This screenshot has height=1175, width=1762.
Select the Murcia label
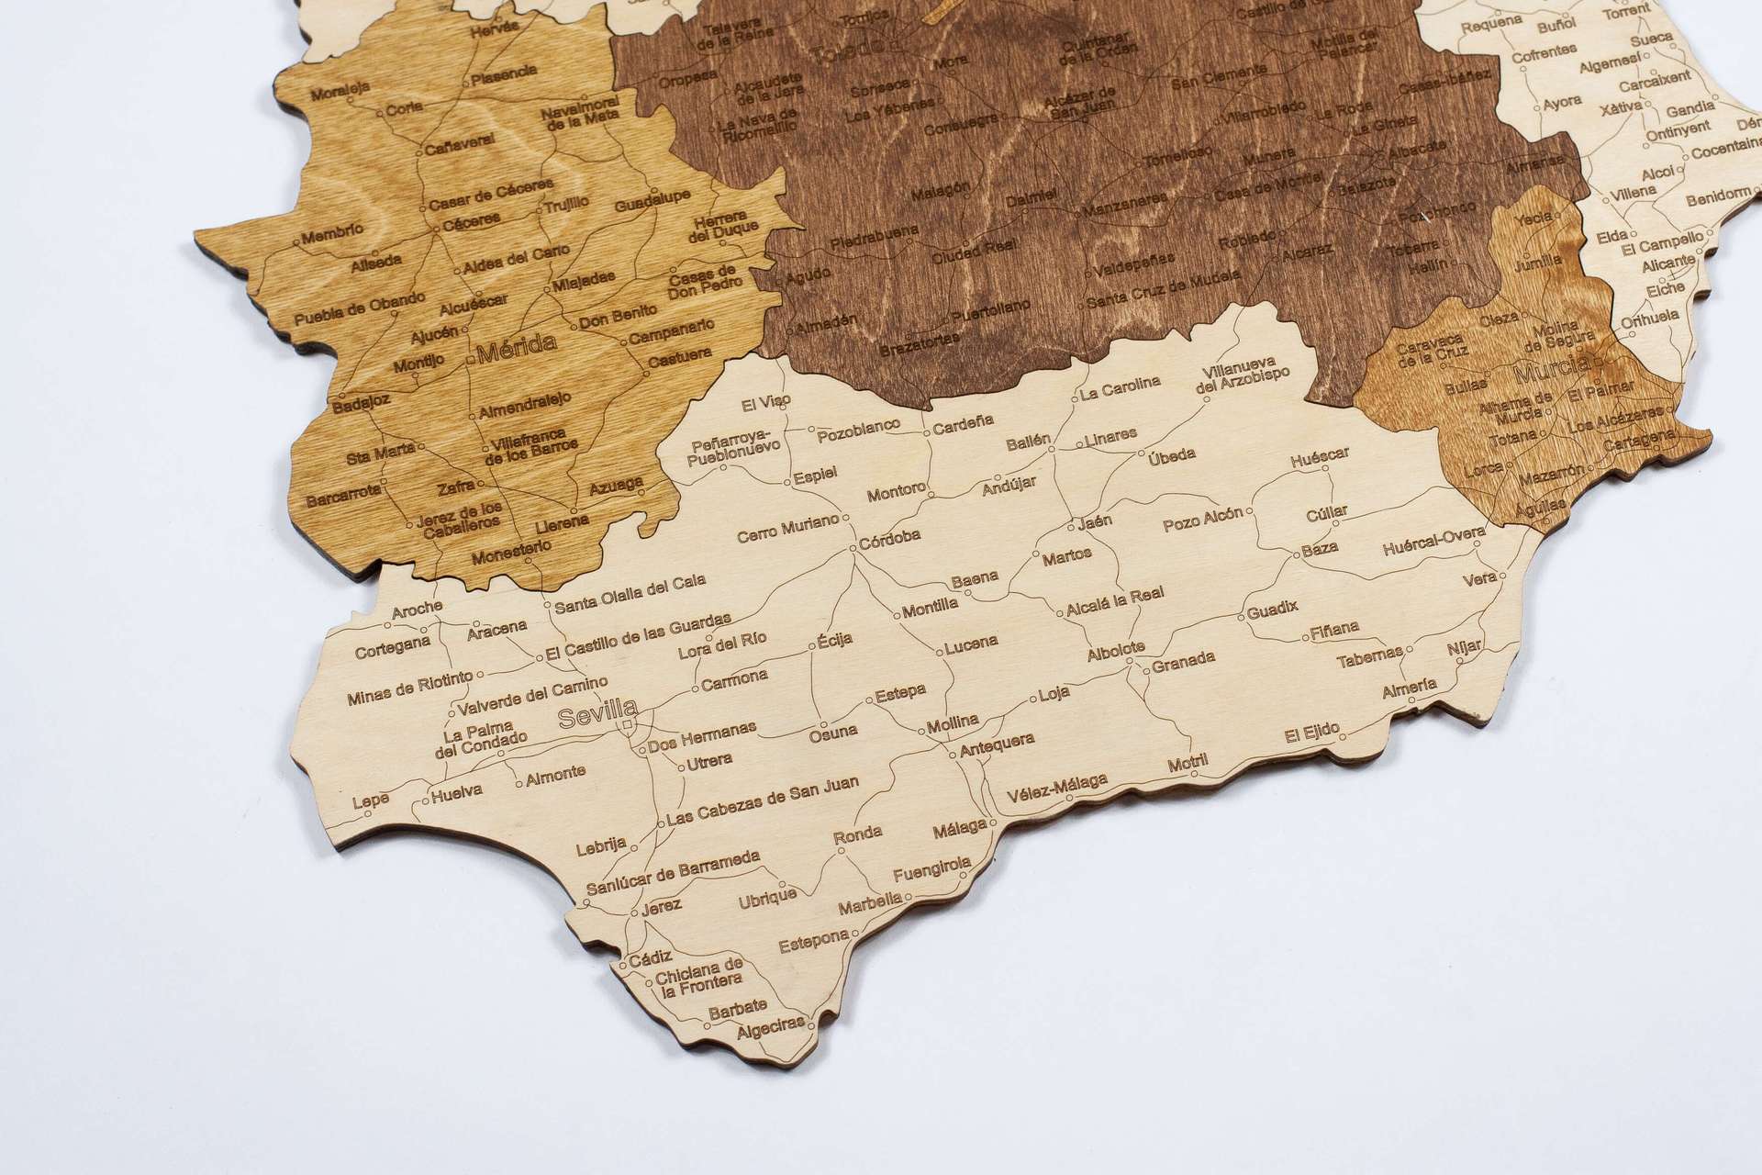tap(1552, 373)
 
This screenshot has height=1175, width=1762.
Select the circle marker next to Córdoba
tap(853, 548)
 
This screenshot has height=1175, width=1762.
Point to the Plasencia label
tap(505, 71)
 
